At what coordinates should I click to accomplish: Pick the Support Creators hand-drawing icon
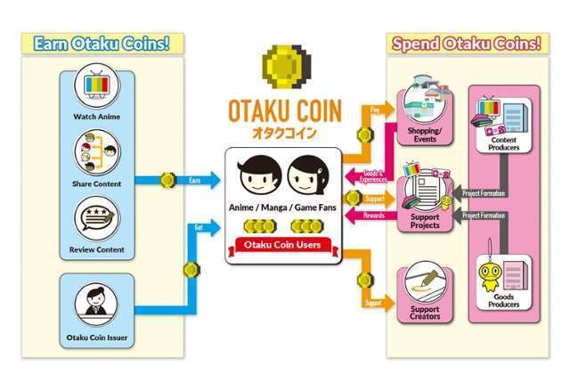click(x=419, y=283)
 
